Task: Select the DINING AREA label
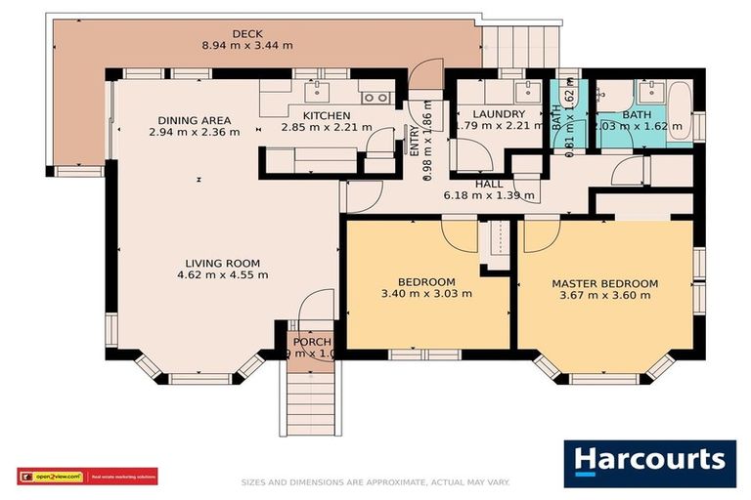tap(194, 120)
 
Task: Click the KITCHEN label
tap(327, 115)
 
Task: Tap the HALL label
tap(489, 184)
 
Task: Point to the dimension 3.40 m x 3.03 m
tap(426, 293)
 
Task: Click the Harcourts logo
tap(649, 463)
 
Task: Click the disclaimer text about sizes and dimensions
tap(375, 482)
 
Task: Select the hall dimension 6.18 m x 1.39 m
tap(489, 195)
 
